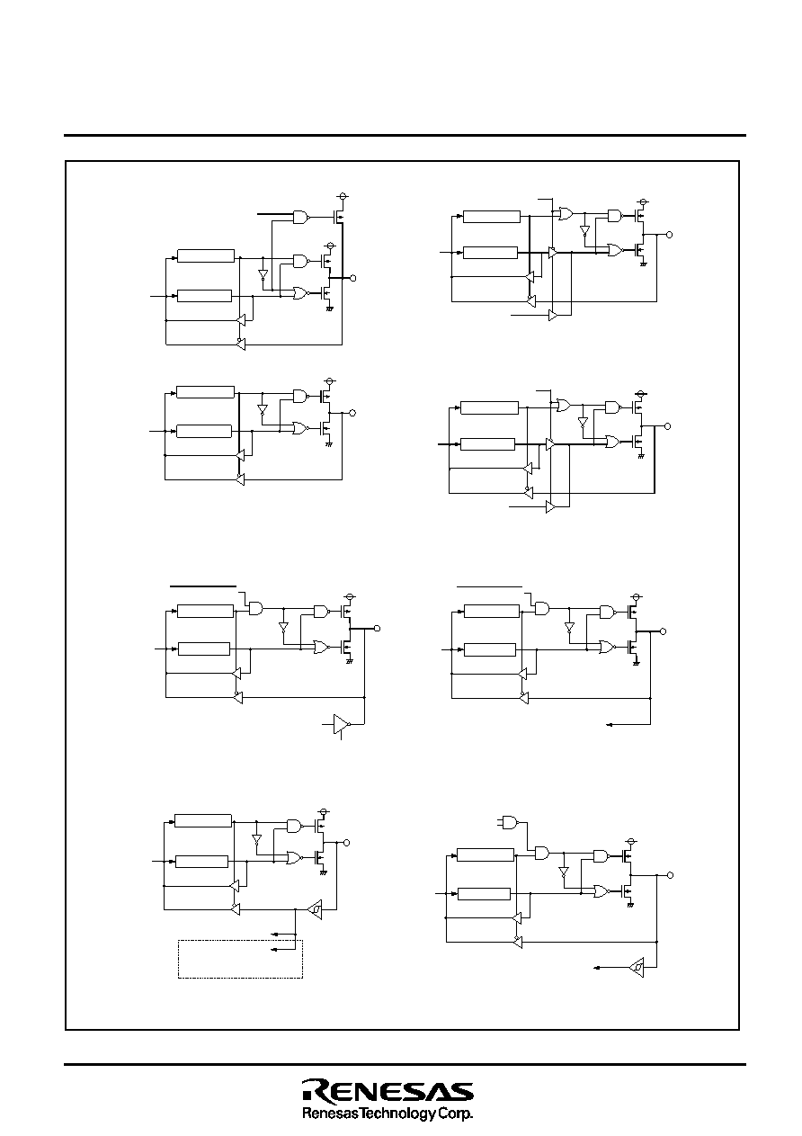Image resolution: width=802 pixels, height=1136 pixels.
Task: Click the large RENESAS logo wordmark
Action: pos(388,1091)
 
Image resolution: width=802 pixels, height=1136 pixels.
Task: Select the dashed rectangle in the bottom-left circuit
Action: pos(240,959)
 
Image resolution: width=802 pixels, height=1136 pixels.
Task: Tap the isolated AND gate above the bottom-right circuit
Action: pos(510,822)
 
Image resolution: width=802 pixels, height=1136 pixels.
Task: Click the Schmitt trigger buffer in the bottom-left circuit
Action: pos(316,910)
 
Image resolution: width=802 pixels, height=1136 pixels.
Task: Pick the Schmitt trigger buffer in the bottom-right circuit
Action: pos(637,968)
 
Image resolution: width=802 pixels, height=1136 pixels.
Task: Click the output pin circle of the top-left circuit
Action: pos(353,278)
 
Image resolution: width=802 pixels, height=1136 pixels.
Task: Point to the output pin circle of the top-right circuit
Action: pos(669,235)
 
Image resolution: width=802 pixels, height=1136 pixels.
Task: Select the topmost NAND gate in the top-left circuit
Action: pos(301,217)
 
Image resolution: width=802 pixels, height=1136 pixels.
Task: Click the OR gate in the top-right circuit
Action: pos(566,214)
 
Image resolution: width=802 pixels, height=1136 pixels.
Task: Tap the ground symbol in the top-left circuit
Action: pos(329,308)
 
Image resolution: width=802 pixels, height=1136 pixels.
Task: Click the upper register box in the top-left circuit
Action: pos(206,255)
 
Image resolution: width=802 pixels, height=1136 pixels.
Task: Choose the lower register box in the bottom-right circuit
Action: pos(484,893)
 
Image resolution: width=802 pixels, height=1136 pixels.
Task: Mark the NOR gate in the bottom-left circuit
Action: pos(295,857)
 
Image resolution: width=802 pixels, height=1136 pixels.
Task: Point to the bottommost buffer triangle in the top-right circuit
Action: pos(553,316)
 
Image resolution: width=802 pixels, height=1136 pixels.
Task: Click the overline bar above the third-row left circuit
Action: pos(203,586)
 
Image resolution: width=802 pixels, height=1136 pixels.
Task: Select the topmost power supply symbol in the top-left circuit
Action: pos(343,196)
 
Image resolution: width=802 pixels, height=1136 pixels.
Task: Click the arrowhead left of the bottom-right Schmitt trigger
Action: pos(597,968)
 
